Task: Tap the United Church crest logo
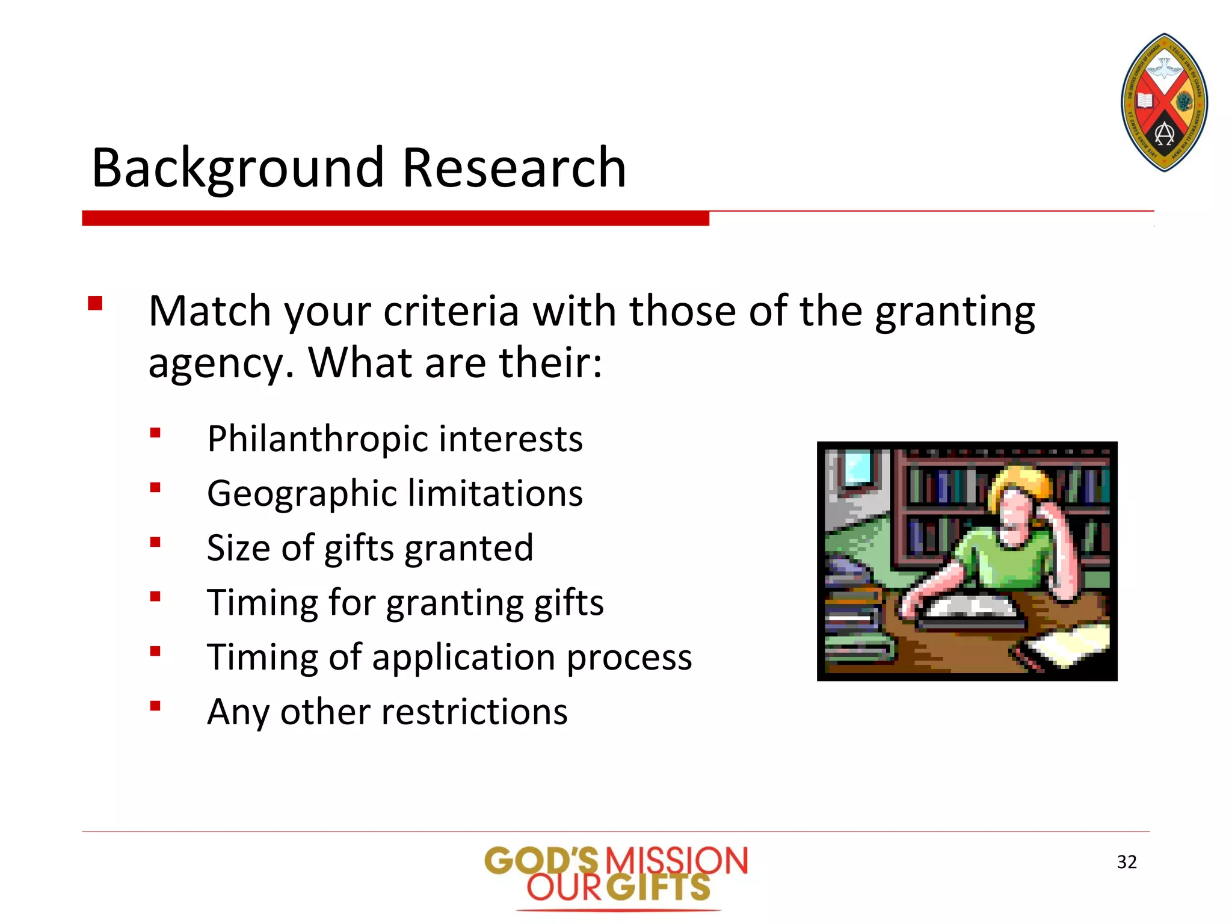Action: [x=1164, y=102]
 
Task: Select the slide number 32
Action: [x=1127, y=862]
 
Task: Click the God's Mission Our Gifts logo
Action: [x=617, y=875]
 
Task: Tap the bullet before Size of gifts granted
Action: [x=156, y=543]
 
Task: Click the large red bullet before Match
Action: [x=95, y=303]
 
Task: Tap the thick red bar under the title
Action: [x=395, y=218]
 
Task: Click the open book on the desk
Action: [x=970, y=609]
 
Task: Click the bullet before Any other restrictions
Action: [x=156, y=706]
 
